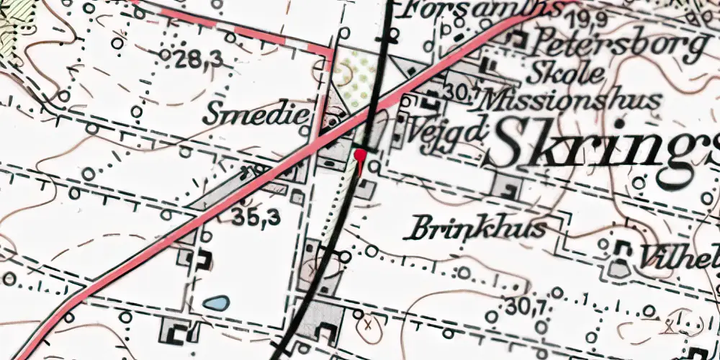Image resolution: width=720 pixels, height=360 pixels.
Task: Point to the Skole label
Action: point(564,73)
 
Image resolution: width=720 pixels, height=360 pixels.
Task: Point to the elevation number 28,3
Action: point(199,61)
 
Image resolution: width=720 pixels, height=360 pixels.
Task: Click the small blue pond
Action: point(216,303)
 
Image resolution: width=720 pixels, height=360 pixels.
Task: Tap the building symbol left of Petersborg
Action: point(516,41)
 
